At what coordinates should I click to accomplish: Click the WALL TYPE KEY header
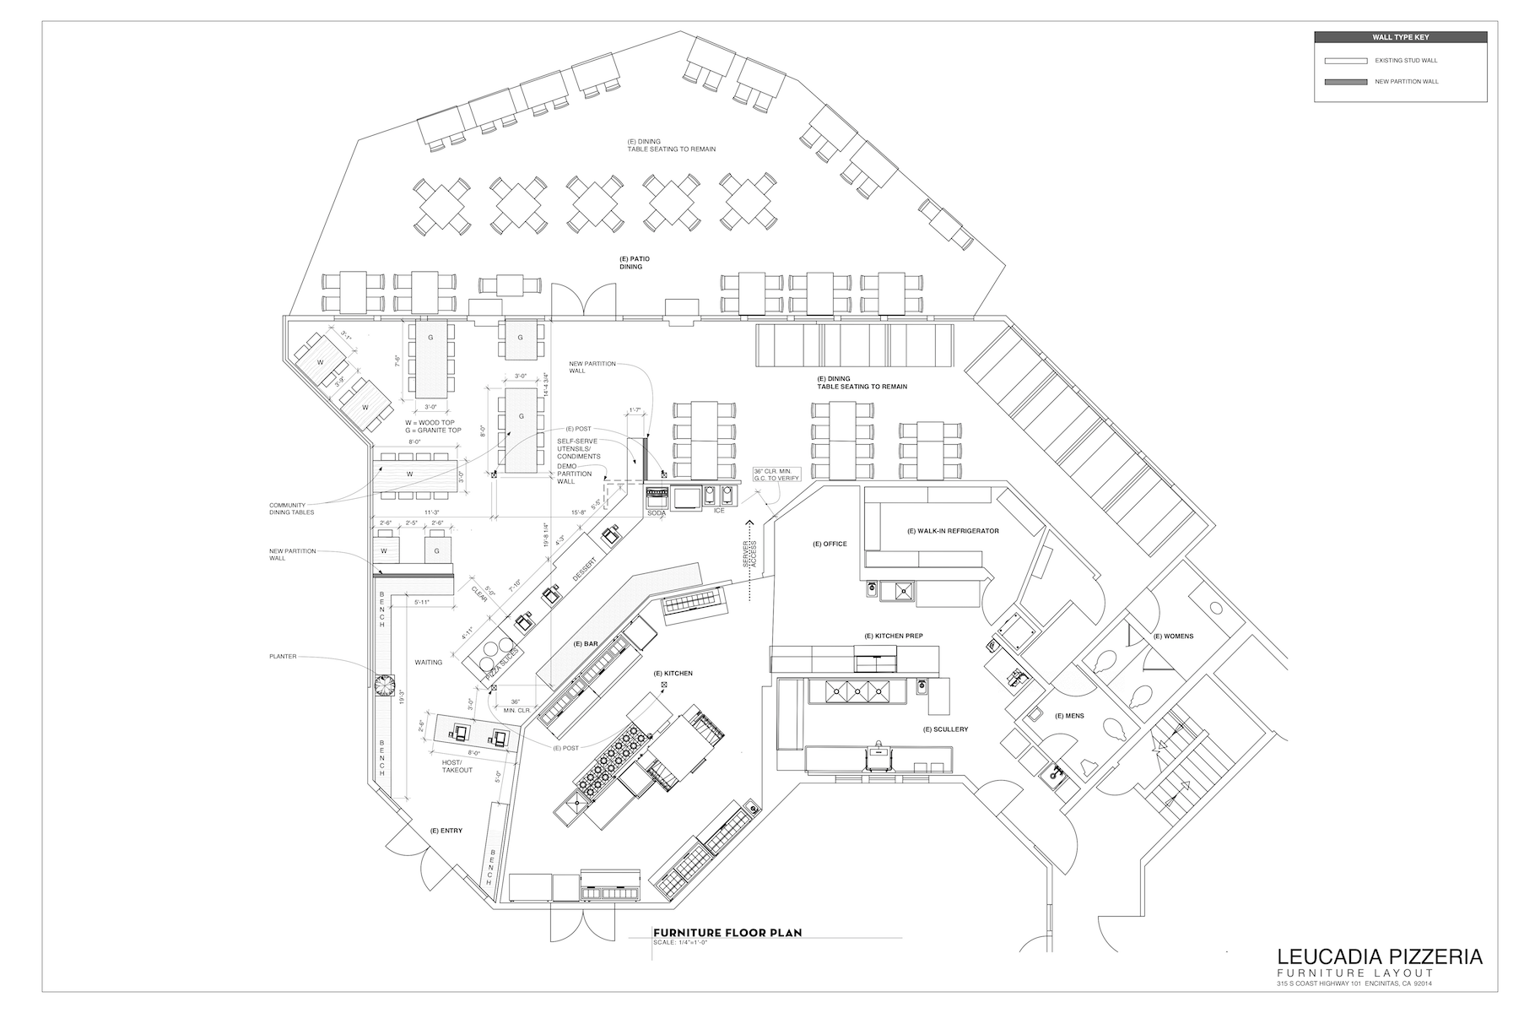point(1400,37)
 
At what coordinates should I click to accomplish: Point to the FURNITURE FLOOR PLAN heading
point(727,933)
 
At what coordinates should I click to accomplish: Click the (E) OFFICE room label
point(830,544)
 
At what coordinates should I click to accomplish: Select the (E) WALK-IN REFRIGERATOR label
point(953,531)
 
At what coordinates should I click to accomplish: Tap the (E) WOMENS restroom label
point(1173,636)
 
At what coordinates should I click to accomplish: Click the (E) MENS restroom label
point(1069,716)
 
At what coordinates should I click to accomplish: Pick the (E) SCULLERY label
point(945,729)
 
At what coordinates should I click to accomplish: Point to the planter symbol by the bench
point(385,685)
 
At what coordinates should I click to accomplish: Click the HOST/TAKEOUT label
point(457,767)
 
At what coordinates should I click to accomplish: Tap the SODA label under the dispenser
point(657,512)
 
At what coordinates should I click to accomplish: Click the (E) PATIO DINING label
point(634,263)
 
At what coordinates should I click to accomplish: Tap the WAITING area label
point(429,663)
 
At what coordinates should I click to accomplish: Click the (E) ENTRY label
point(446,831)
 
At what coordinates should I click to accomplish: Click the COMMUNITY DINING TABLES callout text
point(292,508)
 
